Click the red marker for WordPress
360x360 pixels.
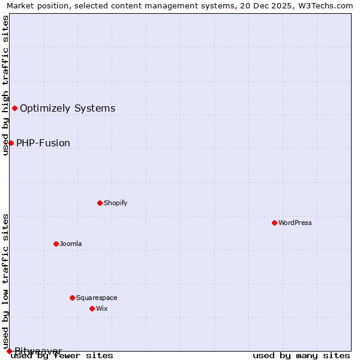click(x=274, y=223)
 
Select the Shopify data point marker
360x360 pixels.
click(x=100, y=203)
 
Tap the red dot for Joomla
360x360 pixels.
click(x=56, y=244)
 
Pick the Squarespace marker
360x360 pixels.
click(x=72, y=298)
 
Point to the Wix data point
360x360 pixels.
click(x=92, y=308)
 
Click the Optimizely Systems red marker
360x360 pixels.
click(x=14, y=108)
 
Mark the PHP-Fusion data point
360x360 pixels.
click(x=11, y=143)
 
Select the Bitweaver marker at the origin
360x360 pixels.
click(x=9, y=351)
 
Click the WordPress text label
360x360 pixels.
click(x=295, y=223)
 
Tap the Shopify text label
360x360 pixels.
click(x=116, y=203)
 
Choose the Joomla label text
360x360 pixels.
click(x=71, y=244)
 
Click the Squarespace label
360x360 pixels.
click(x=97, y=298)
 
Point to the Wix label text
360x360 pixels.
click(x=102, y=308)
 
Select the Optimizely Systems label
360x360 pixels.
click(x=68, y=109)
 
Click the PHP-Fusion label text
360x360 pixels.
click(x=43, y=143)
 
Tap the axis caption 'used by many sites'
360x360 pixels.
click(x=301, y=356)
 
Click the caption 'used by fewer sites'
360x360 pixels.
click(x=62, y=356)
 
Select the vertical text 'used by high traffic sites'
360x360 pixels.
click(x=5, y=85)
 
